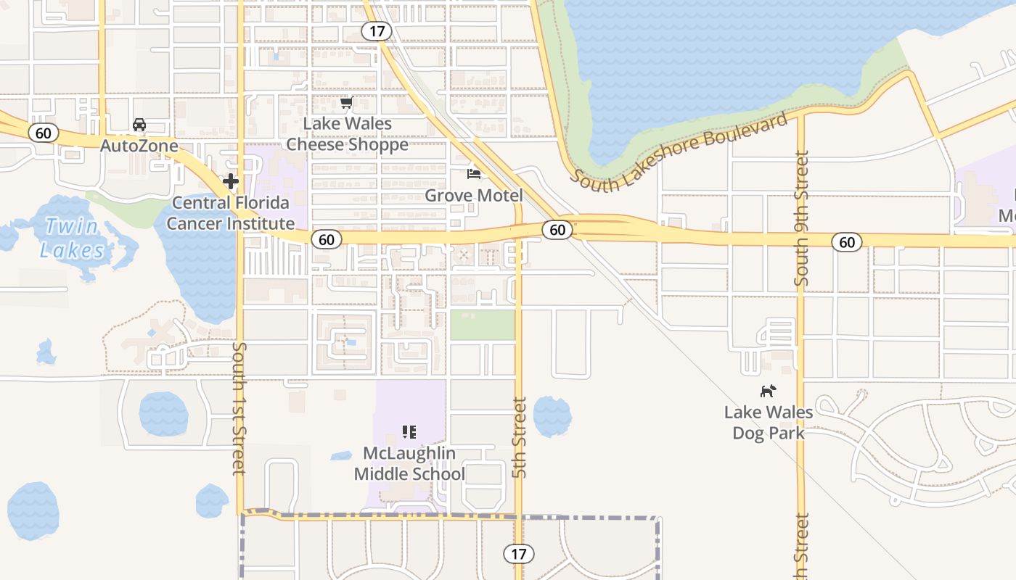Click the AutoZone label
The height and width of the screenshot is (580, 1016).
139,146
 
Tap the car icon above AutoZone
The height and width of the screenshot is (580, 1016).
139,125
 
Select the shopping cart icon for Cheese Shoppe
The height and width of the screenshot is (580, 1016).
347,103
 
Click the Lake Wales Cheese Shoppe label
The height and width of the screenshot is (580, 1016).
347,134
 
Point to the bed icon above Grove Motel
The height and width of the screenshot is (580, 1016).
474,174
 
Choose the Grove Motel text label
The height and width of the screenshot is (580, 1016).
473,195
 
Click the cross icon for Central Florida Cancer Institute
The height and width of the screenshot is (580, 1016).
231,181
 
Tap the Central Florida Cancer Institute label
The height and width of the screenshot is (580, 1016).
231,213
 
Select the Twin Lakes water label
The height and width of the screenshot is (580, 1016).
72,238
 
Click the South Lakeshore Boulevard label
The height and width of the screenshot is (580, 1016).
679,152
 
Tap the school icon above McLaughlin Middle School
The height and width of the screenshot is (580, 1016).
409,433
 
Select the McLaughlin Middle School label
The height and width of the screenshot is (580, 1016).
409,464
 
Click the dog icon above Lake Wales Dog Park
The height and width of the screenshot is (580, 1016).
768,391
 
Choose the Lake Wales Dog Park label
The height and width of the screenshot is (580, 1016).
769,423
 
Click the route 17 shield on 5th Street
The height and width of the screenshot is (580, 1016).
518,554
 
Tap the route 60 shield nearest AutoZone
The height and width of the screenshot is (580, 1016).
44,133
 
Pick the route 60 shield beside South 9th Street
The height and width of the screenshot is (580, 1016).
847,242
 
